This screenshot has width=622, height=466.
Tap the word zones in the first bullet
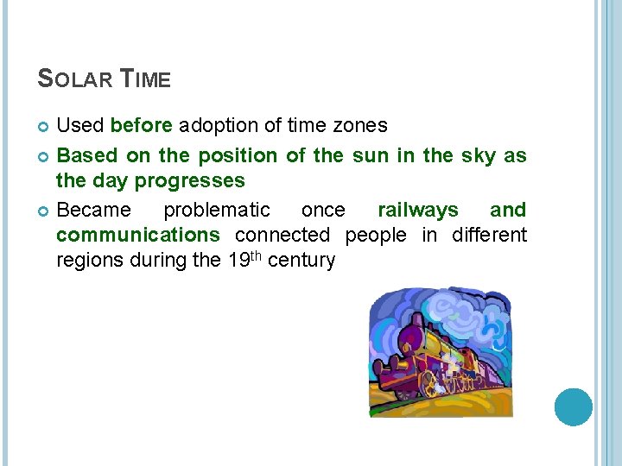[359, 125]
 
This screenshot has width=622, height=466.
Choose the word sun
[368, 156]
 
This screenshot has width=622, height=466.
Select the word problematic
[216, 210]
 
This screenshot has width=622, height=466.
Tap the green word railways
[417, 210]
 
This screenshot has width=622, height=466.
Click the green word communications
[138, 235]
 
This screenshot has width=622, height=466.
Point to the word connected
[282, 235]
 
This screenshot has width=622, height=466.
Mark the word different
[487, 235]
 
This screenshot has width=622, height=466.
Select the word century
[301, 260]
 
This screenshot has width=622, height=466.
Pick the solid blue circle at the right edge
[573, 406]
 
